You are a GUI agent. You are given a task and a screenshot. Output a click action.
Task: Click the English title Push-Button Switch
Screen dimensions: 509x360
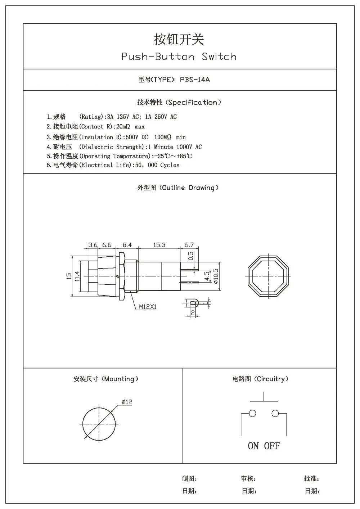(179, 57)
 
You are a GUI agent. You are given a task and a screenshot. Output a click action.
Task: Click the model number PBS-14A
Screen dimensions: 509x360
(194, 80)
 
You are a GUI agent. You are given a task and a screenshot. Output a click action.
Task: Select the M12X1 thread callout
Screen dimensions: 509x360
(148, 307)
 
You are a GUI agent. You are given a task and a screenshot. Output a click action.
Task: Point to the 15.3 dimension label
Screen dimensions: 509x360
(159, 245)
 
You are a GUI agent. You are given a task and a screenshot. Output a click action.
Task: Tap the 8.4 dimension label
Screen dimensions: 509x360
(127, 245)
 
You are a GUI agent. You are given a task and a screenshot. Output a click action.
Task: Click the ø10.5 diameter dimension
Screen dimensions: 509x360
(216, 276)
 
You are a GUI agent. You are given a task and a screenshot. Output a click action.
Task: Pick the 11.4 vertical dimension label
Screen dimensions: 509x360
(77, 276)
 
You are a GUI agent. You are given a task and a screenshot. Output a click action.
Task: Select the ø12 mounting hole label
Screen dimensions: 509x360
(127, 402)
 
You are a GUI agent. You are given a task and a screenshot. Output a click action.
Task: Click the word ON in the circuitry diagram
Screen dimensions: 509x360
(253, 446)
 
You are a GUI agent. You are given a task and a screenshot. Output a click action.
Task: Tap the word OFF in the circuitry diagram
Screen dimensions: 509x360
(272, 446)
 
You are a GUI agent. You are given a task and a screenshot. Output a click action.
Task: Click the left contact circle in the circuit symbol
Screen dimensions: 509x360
(252, 413)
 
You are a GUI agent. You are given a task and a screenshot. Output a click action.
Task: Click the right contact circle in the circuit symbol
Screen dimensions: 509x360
(275, 413)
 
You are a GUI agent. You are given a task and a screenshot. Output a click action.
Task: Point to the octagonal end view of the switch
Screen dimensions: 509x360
(269, 276)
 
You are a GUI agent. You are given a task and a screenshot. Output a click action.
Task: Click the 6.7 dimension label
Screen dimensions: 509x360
(189, 245)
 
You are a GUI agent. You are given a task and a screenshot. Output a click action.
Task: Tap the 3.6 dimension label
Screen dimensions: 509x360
(93, 245)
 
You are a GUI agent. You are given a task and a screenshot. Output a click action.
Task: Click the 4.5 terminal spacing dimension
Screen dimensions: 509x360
(207, 276)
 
